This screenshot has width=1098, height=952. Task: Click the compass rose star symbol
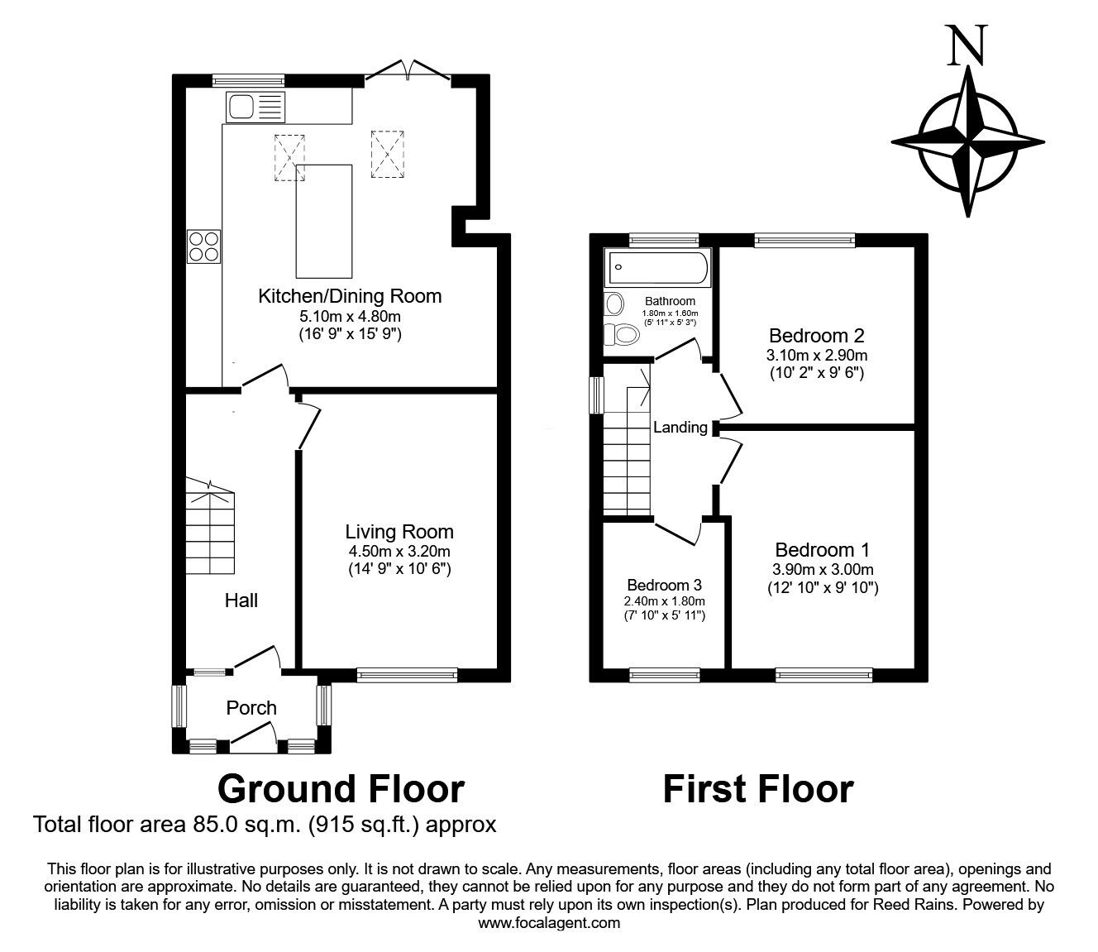(967, 141)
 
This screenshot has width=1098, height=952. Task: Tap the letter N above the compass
(967, 45)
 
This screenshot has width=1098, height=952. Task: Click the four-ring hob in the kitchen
(204, 246)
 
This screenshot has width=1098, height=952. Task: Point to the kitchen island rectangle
(324, 221)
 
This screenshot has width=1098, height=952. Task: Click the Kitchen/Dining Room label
(350, 295)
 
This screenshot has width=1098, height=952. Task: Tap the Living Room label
(399, 532)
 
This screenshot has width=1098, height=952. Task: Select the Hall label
(241, 600)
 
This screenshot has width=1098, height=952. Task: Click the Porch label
(251, 708)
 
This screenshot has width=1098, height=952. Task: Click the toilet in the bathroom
(621, 335)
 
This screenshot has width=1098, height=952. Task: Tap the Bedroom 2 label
(816, 336)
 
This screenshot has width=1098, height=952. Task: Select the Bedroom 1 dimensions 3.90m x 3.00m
(823, 570)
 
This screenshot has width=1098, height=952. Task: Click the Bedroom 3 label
(665, 584)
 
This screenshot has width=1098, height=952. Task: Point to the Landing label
(680, 428)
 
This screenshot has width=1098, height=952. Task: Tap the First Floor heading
(757, 789)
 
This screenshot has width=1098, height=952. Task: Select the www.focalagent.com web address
(549, 923)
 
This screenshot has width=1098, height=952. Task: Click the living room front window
(407, 675)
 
